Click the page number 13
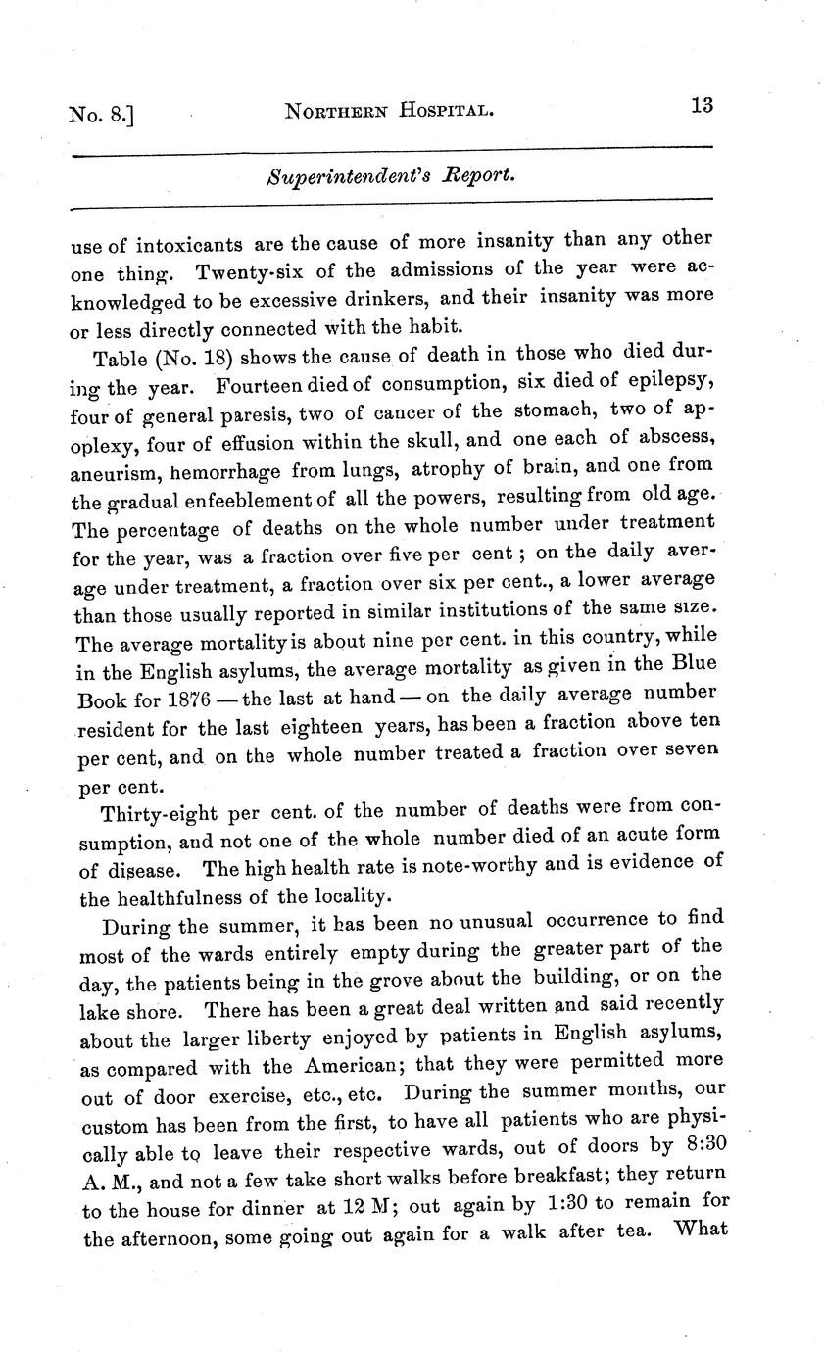click(x=701, y=107)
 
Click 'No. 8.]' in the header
click(x=100, y=115)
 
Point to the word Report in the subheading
click(x=473, y=176)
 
